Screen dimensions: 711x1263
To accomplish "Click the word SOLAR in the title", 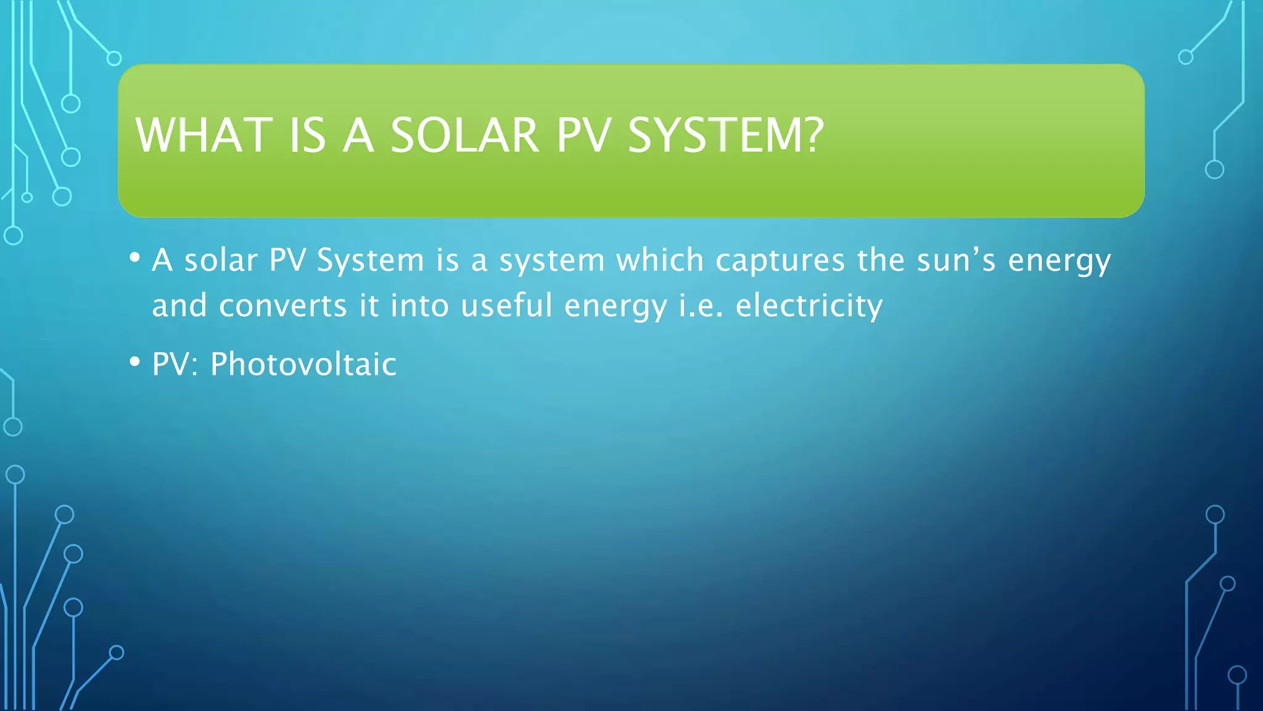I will pos(464,135).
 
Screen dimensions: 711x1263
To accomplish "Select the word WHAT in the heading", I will pos(204,135).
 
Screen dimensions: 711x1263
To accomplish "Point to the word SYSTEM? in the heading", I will pos(725,135).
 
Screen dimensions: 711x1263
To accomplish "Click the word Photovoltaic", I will pos(303,364).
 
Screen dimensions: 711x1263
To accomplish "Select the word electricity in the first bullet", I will pos(808,306).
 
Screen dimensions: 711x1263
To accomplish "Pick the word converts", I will pos(283,306).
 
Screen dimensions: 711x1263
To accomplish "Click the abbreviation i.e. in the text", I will pos(701,306).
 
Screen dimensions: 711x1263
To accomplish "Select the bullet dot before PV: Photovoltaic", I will pos(135,362).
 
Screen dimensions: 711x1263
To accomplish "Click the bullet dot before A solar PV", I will pos(135,257).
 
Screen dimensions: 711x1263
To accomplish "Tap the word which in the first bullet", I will pos(660,260).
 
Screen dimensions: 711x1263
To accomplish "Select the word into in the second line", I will pos(419,306).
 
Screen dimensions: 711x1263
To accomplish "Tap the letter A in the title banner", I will pos(358,135).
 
